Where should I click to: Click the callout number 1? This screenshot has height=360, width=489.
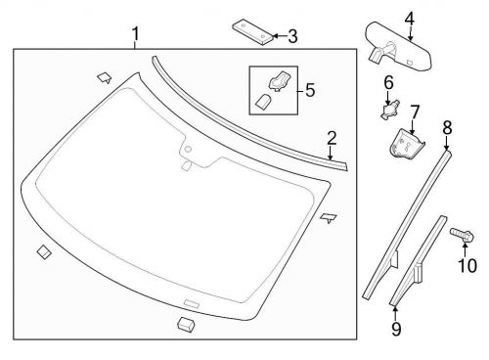click(135, 37)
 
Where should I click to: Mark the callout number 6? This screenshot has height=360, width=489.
click(388, 83)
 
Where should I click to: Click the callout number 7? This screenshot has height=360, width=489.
click(415, 112)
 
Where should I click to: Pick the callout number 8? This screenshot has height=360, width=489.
click(447, 126)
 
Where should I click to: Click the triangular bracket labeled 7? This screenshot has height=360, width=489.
click(403, 144)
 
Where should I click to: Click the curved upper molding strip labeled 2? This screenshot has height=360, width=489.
click(244, 107)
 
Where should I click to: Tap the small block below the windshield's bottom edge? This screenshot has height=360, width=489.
click(185, 323)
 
